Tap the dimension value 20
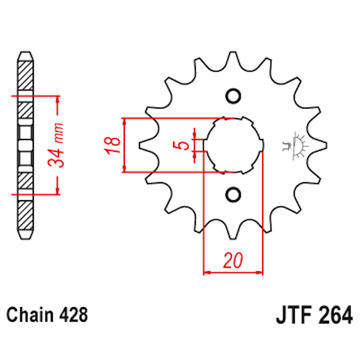click(232, 260)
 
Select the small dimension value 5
click(181, 145)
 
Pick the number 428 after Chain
click(73, 314)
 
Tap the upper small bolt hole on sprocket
click(233, 95)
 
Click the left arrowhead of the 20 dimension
click(206, 273)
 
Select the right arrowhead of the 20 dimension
click(259, 273)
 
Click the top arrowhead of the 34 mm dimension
click(57, 100)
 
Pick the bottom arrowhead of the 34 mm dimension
click(57, 191)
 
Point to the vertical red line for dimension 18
click(124, 145)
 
